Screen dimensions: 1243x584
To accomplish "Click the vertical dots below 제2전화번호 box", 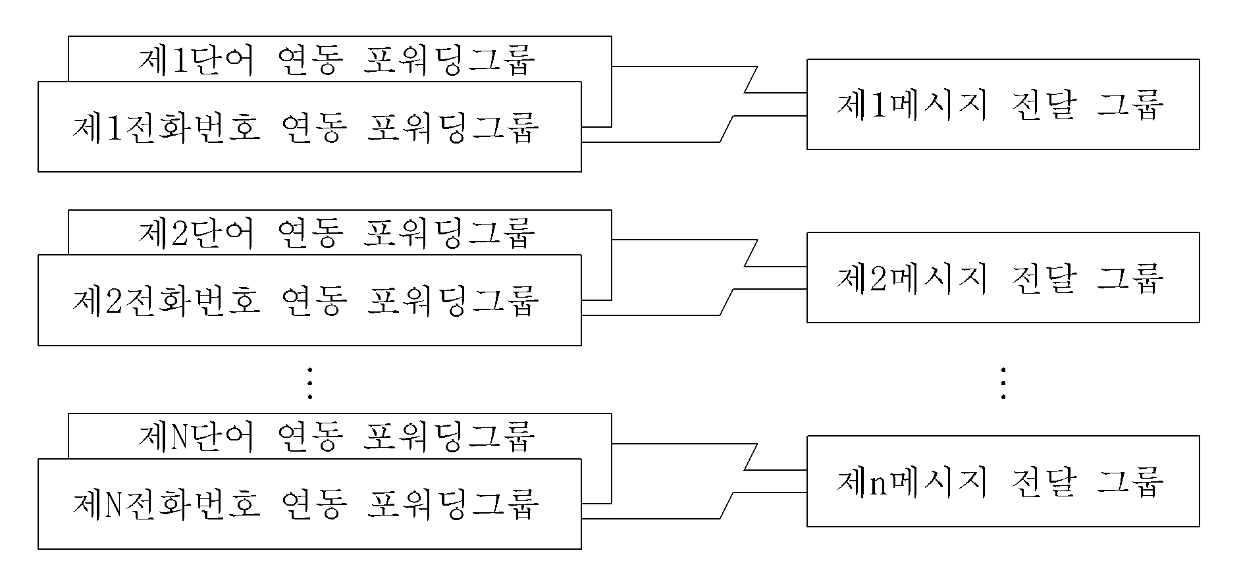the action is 309,383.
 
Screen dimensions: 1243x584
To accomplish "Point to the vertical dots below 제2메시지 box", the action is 1003,383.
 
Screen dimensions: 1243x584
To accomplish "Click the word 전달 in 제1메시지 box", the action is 1042,105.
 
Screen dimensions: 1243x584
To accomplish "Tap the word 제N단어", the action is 196,436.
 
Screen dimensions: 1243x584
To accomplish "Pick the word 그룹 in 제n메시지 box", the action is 1130,481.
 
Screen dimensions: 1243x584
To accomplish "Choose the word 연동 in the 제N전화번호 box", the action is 314,504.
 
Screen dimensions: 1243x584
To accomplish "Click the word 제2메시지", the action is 912,278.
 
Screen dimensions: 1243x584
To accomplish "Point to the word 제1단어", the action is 196,59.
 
